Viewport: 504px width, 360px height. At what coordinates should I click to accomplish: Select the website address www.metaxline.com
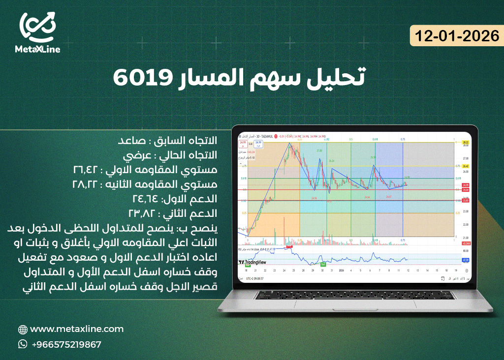[x=77, y=329]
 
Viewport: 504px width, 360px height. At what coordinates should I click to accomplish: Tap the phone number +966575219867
[x=66, y=344]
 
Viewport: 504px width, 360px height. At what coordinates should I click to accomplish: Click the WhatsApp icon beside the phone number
[x=23, y=344]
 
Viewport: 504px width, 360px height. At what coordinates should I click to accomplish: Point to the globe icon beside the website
[x=23, y=330]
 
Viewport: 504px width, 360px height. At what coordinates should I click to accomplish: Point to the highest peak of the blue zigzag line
[x=289, y=143]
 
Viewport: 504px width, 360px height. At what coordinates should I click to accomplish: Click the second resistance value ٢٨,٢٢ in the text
[x=88, y=184]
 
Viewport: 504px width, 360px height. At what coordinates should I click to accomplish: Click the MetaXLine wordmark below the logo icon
[x=37, y=49]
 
